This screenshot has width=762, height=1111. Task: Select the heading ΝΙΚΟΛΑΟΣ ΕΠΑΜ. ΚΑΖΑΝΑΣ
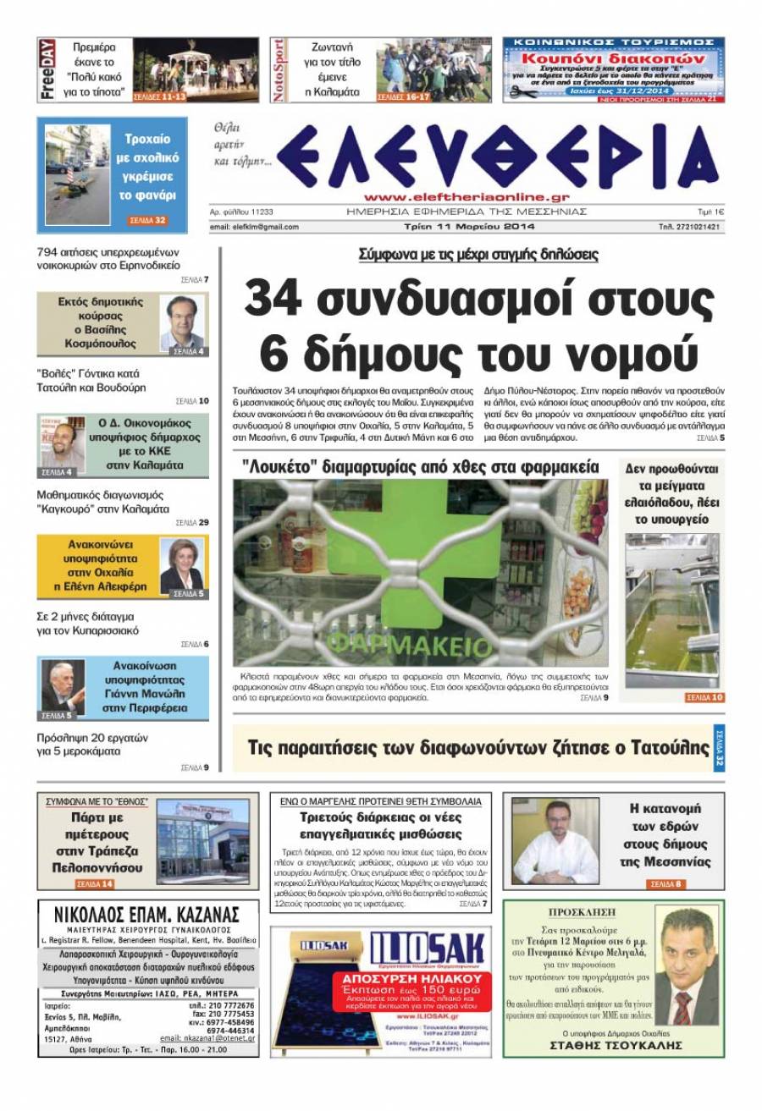point(146,915)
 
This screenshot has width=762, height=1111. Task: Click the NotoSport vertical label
point(279,70)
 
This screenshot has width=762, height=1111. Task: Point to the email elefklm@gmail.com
point(254,227)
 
